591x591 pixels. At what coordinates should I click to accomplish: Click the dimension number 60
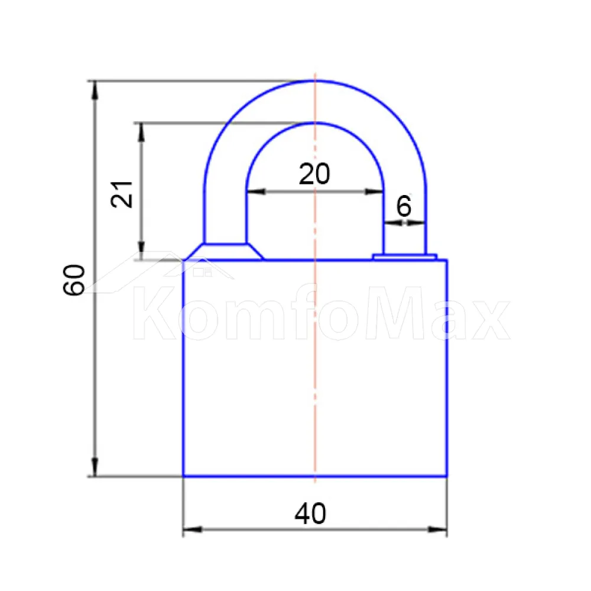(x=74, y=280)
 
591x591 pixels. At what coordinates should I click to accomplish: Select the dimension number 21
(x=122, y=194)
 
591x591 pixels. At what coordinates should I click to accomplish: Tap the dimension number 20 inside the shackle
(x=314, y=174)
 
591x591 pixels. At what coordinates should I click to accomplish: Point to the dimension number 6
(x=404, y=206)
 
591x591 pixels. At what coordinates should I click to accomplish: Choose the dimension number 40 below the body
(x=310, y=514)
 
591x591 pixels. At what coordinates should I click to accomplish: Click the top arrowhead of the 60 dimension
(x=95, y=90)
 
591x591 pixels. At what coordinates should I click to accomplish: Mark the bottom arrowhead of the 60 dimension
(x=95, y=467)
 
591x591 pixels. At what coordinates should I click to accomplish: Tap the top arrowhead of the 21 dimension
(x=141, y=132)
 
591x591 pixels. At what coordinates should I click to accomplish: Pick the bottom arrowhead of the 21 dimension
(x=141, y=251)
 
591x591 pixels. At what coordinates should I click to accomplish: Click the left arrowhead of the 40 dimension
(x=192, y=530)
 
